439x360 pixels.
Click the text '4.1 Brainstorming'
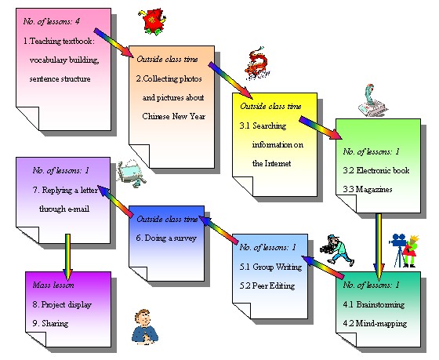374,302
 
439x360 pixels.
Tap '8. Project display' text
61,304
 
